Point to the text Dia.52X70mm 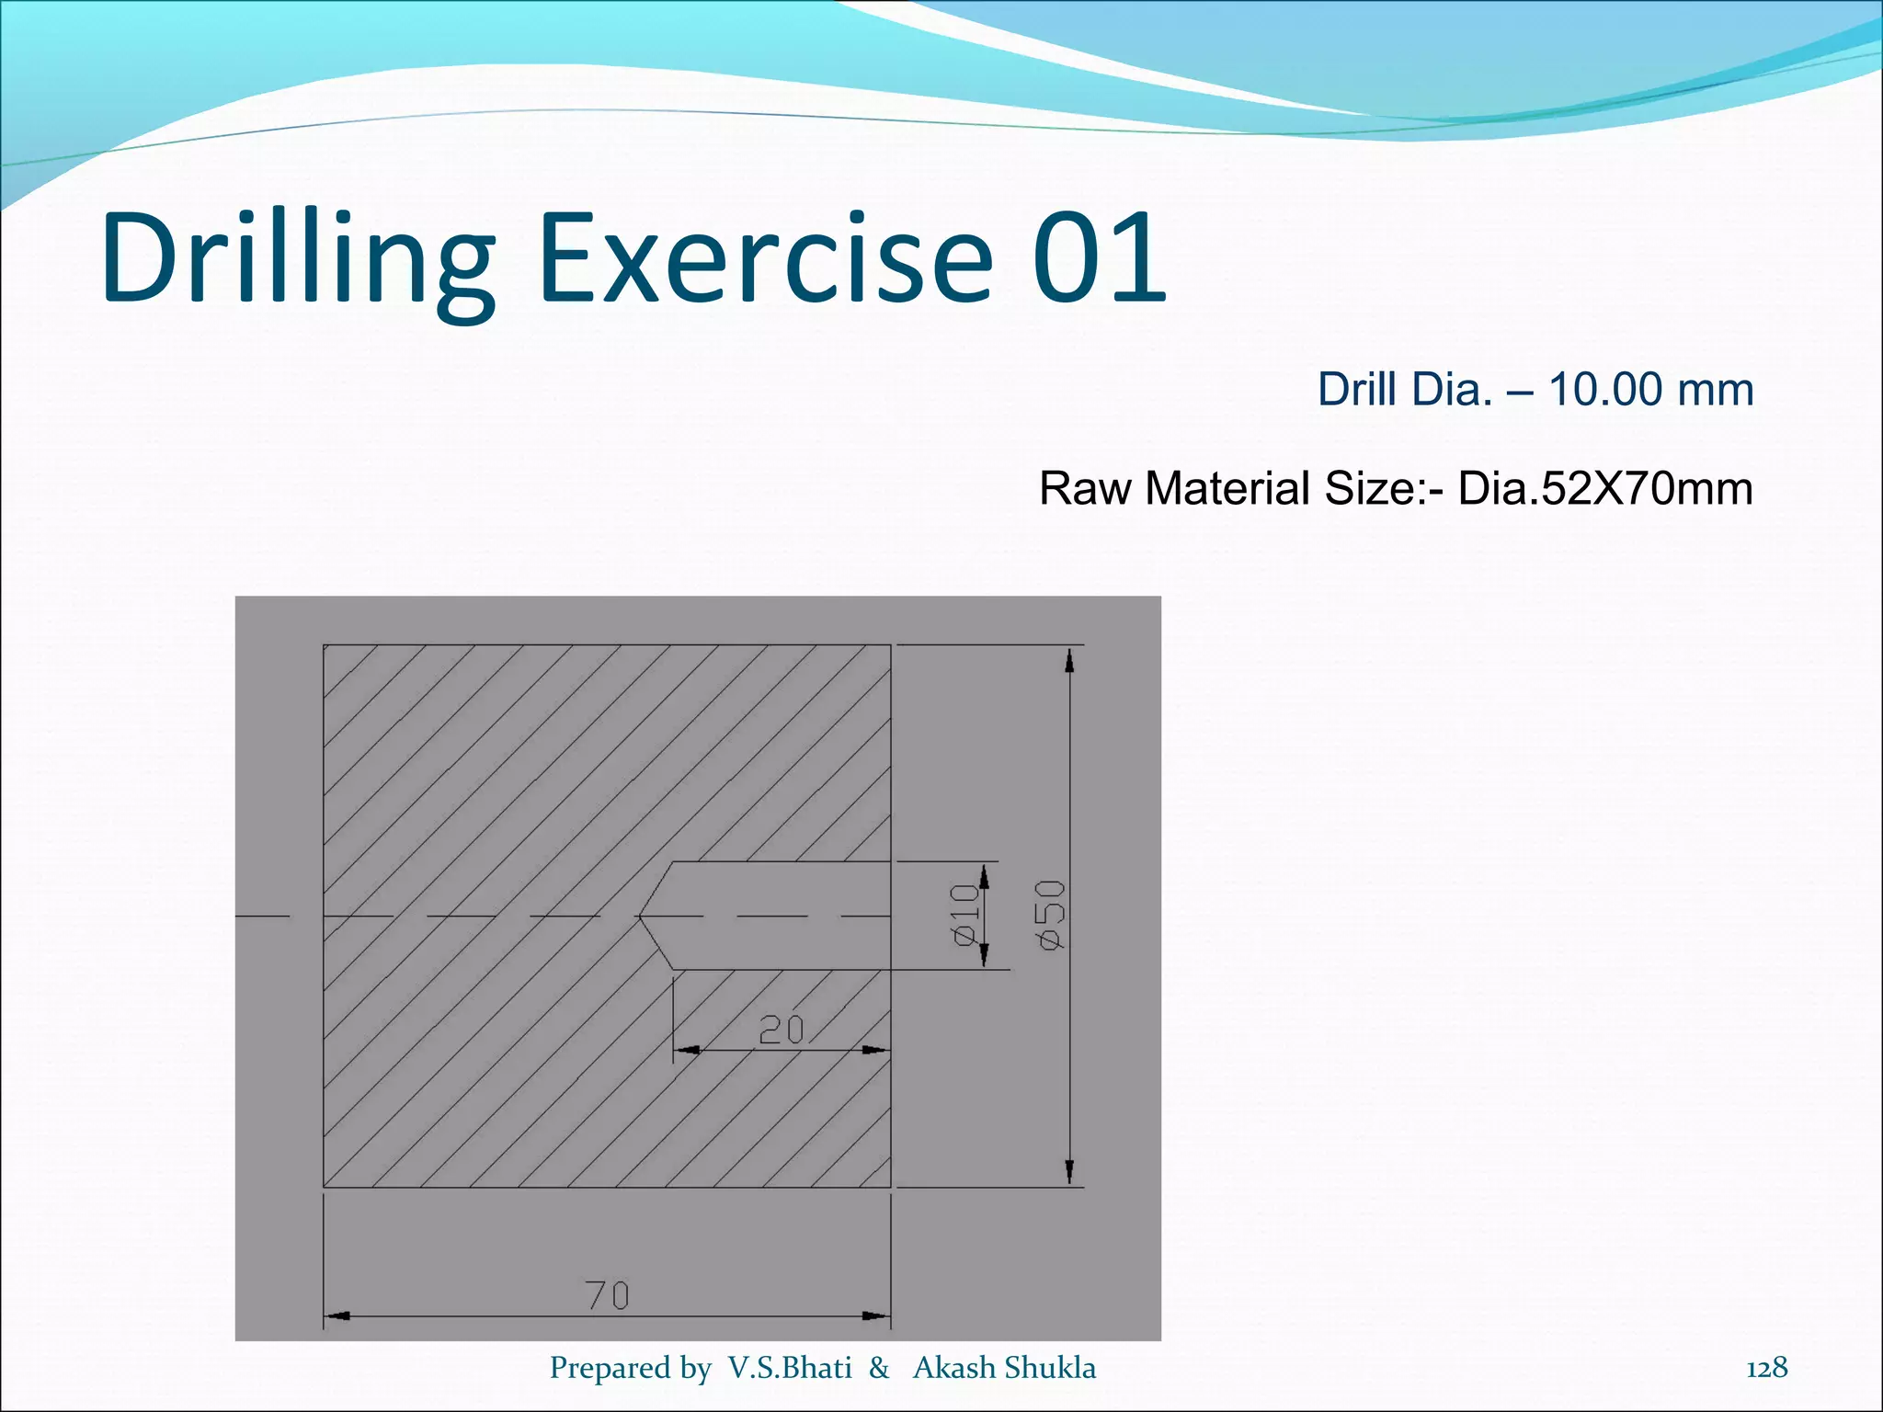[x=1604, y=488]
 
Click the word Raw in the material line [x=1085, y=488]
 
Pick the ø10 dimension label [x=964, y=915]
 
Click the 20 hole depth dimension [x=782, y=1030]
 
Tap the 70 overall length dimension [x=608, y=1295]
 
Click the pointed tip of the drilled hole [x=641, y=917]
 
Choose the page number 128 [x=1766, y=1368]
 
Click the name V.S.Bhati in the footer [x=790, y=1368]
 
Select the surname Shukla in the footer [x=1050, y=1368]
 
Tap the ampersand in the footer [x=879, y=1368]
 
